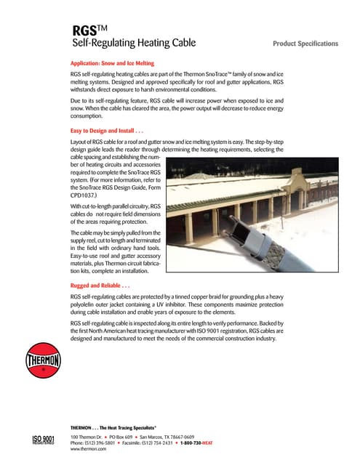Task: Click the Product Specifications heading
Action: [305, 44]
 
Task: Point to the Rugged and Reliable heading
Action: [102, 286]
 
